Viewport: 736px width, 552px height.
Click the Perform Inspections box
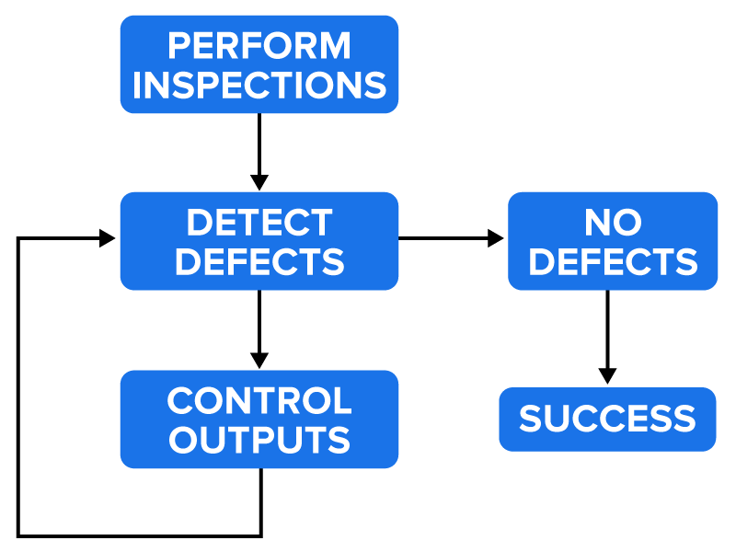[x=259, y=64]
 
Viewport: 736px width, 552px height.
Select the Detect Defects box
[x=259, y=241]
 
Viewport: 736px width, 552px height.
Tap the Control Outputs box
[x=259, y=420]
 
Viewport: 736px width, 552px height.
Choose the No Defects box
[x=613, y=241]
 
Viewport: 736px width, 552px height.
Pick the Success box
[x=607, y=420]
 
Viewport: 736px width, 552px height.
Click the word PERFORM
[x=259, y=45]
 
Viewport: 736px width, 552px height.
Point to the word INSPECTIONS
[x=259, y=85]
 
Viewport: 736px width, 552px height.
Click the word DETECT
[x=259, y=222]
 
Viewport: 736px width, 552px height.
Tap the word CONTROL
[x=259, y=400]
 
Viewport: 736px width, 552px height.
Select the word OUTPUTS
[x=259, y=440]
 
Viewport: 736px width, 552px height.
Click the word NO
[x=613, y=222]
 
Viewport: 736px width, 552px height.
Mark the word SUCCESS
[x=607, y=420]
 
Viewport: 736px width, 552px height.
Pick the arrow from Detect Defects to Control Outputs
[x=259, y=327]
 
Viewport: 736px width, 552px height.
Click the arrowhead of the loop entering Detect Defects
[x=107, y=238]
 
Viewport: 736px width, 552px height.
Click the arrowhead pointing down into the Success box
[x=607, y=375]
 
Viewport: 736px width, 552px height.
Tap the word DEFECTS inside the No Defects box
[x=613, y=262]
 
